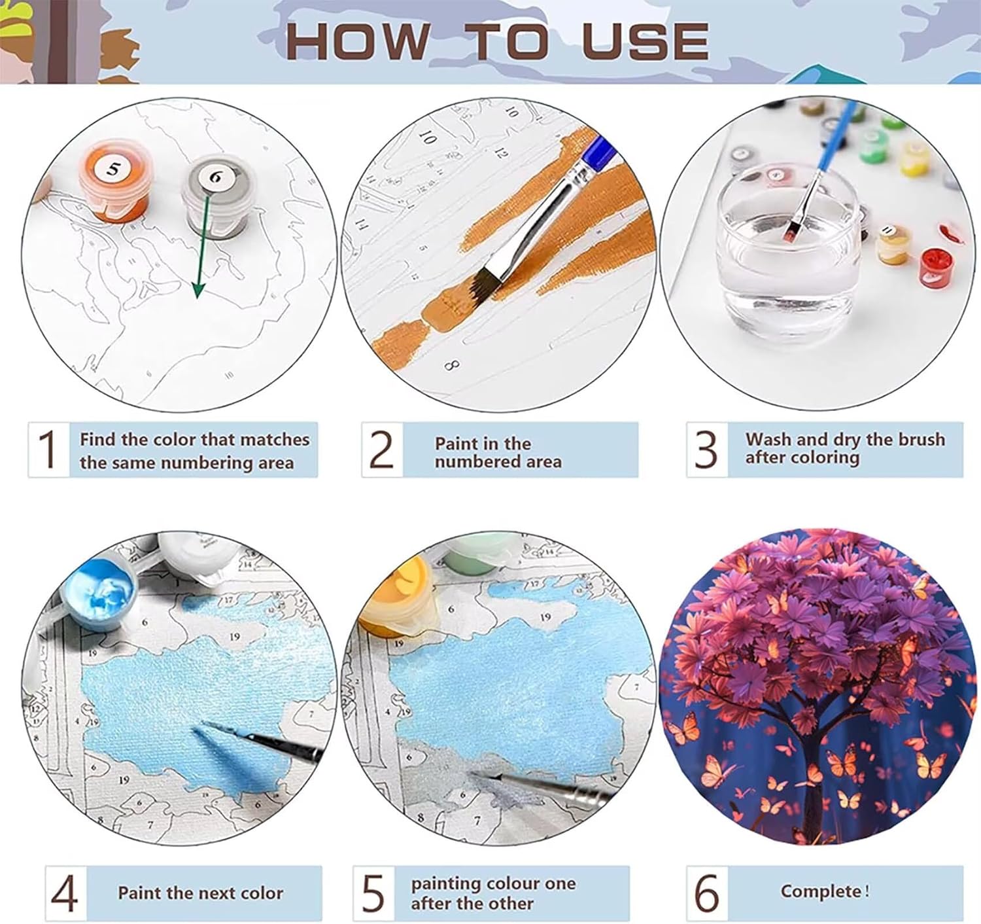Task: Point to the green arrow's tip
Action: [x=198, y=298]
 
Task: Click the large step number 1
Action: [x=48, y=449]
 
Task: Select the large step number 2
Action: [x=382, y=449]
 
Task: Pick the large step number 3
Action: [x=706, y=449]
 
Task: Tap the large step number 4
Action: [x=64, y=893]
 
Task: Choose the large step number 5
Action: [x=373, y=893]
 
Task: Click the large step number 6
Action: [x=707, y=893]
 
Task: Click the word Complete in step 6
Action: [x=821, y=891]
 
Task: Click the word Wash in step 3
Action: [x=771, y=439]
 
